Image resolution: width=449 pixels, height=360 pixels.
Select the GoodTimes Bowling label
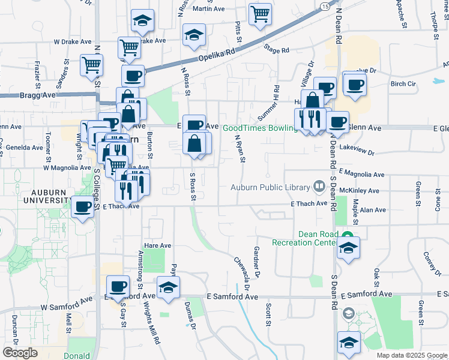(260, 128)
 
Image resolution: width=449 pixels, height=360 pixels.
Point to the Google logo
(20, 353)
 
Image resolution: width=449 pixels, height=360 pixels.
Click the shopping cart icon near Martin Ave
(260, 14)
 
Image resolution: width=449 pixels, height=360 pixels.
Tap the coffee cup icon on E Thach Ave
(82, 207)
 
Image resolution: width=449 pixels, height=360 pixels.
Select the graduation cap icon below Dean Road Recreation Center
(348, 248)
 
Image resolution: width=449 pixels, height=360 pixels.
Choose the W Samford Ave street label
(64, 307)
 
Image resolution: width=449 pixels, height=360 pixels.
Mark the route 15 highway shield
(324, 6)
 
